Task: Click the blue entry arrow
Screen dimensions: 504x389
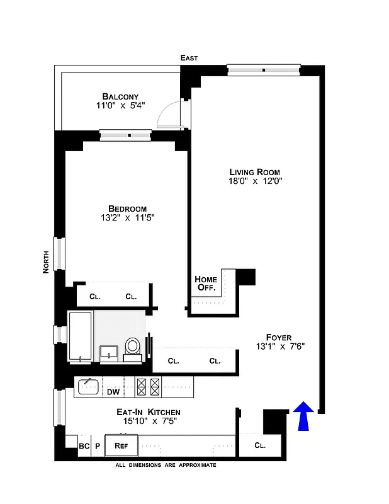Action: (304, 417)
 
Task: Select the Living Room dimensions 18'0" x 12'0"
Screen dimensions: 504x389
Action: (254, 181)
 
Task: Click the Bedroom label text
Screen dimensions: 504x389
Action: (127, 209)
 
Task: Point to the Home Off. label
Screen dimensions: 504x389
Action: (206, 283)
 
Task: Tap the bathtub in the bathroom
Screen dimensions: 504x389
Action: (81, 336)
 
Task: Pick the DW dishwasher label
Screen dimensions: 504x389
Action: (113, 392)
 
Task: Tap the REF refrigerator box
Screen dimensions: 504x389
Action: (121, 445)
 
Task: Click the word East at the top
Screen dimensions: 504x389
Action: (189, 58)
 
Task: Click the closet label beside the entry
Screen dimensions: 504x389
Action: (260, 445)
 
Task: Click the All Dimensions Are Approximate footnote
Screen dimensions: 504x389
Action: (166, 465)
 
